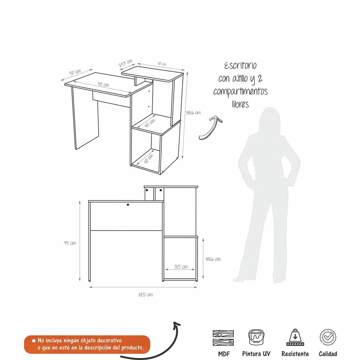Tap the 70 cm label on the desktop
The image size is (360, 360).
tap(103, 85)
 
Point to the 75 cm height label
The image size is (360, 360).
tap(70, 243)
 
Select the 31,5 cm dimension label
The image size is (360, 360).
tap(181, 267)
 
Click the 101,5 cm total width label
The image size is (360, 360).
tap(146, 295)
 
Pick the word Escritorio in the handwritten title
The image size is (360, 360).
tap(240, 66)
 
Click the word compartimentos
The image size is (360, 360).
tap(240, 92)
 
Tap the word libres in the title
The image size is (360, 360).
tap(240, 104)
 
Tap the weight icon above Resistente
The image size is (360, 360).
tap(295, 337)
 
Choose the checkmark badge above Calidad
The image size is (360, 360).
tap(328, 337)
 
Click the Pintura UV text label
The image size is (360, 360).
tap(256, 353)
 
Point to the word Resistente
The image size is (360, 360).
tap(295, 353)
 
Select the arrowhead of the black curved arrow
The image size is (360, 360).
tap(176, 325)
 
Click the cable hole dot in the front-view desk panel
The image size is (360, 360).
tap(128, 205)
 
